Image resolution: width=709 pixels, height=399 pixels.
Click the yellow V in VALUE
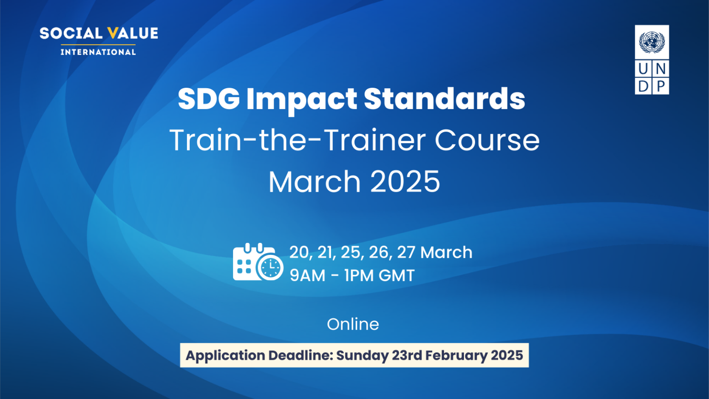[x=112, y=34]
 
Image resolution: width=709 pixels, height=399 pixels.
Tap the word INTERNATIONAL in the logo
[x=98, y=52]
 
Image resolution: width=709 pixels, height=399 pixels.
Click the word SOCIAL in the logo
[x=71, y=34]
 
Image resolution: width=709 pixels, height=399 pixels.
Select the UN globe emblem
[x=652, y=42]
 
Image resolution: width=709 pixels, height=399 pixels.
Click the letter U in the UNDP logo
[x=643, y=69]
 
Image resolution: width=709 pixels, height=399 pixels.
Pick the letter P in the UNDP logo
[x=661, y=86]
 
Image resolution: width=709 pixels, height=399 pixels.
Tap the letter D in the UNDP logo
[x=643, y=86]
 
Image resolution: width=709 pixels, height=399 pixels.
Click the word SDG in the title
[x=209, y=99]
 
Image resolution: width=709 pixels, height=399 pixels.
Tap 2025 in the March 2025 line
[x=405, y=181]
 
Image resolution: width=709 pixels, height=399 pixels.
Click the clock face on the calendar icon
[x=270, y=267]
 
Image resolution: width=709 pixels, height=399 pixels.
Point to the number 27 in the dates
[x=406, y=253]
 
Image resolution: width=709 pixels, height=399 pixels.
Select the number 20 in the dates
[x=299, y=253]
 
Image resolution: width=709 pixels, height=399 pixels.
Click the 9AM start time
[x=307, y=276]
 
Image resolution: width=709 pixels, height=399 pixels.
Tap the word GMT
[x=396, y=276]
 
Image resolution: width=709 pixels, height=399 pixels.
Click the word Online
[x=353, y=324]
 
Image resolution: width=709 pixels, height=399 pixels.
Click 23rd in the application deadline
[x=407, y=356]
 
